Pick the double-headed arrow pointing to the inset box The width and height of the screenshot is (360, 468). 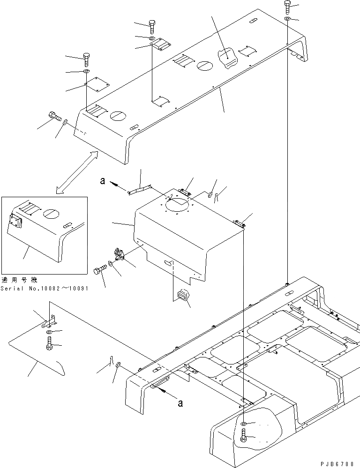pos(76,172)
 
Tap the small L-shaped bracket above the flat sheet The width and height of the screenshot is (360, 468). pos(51,321)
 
